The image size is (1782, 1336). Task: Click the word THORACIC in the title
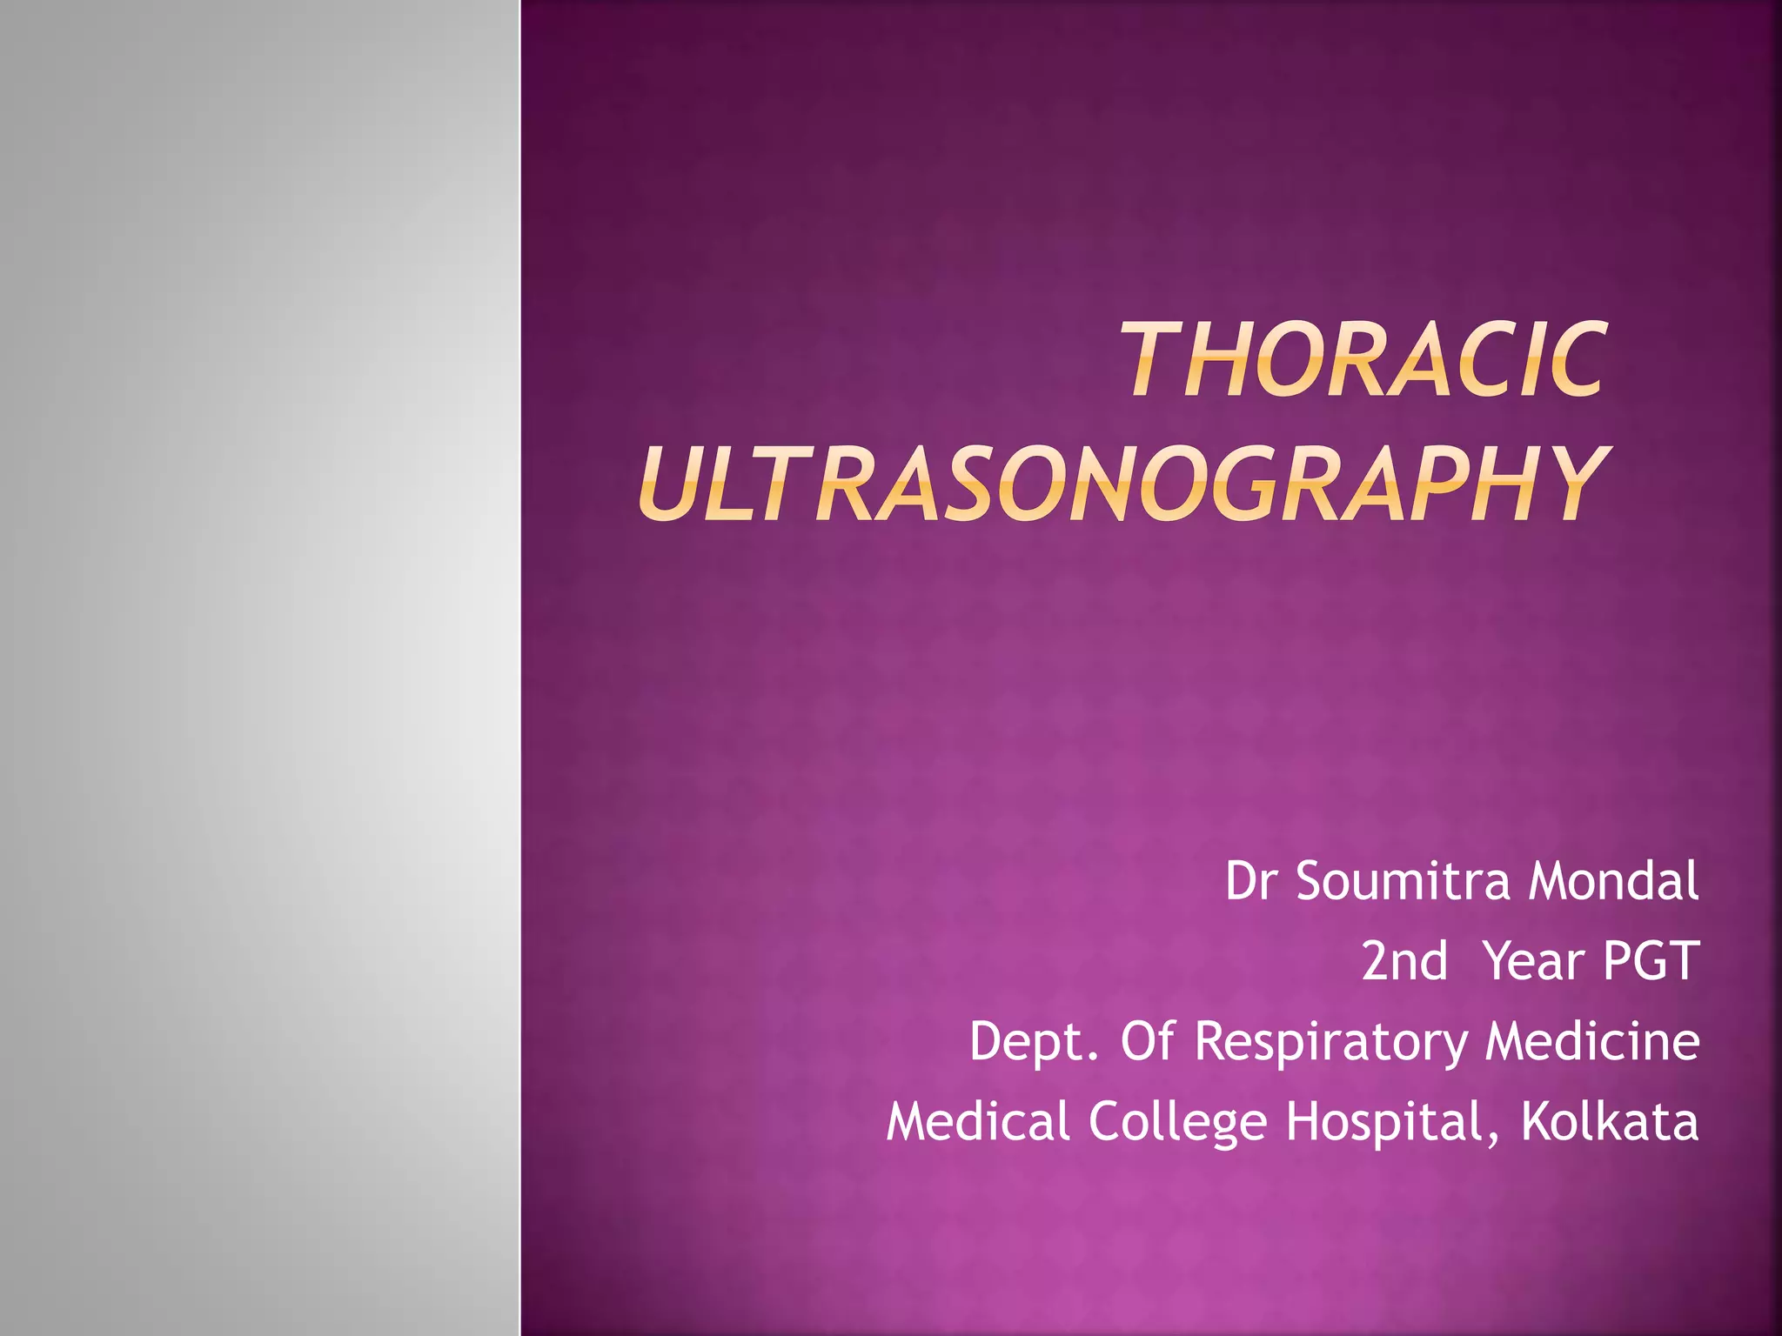pos(1363,359)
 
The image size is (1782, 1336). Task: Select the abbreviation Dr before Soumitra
pos(1253,881)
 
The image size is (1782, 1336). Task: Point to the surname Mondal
pos(1612,881)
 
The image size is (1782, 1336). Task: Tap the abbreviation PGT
pos(1650,961)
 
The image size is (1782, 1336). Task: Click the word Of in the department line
pos(1147,1041)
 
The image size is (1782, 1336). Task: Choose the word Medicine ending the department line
pos(1591,1041)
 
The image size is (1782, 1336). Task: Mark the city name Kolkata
pos(1610,1121)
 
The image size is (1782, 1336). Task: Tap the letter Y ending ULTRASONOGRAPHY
pos(1566,484)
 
